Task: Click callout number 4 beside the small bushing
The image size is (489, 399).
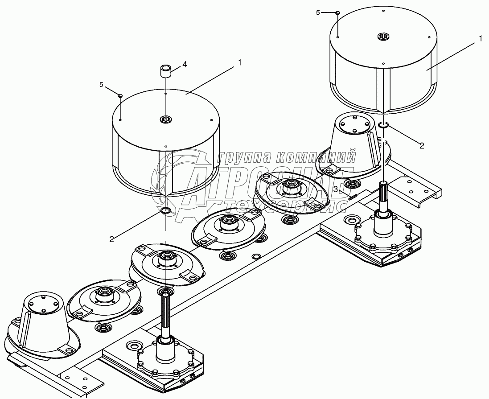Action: click(x=185, y=65)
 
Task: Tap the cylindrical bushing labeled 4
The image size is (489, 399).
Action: click(x=166, y=71)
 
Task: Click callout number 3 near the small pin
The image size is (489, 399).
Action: click(x=336, y=189)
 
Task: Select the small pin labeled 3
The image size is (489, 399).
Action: click(x=353, y=196)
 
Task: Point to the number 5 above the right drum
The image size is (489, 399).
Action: click(x=318, y=12)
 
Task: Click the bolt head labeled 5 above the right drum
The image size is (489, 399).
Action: click(x=337, y=13)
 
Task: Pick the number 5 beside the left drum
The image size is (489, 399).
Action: click(x=101, y=85)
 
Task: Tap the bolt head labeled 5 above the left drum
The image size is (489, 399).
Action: click(x=120, y=95)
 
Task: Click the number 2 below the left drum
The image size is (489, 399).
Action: click(x=111, y=239)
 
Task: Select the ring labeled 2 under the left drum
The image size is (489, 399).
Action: click(x=165, y=210)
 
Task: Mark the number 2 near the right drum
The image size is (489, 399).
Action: click(x=422, y=146)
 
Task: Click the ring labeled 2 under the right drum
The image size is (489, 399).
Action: click(x=383, y=125)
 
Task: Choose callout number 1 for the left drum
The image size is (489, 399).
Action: click(x=239, y=62)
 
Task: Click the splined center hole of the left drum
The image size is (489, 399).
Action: click(x=165, y=119)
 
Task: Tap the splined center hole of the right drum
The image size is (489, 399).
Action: click(x=383, y=36)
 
